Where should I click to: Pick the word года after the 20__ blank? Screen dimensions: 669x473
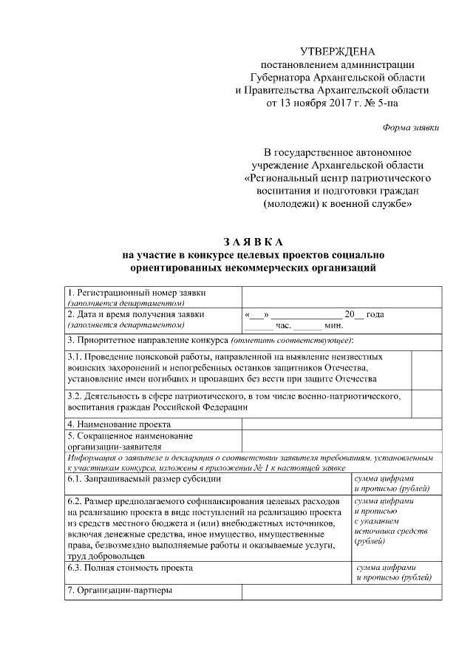[x=375, y=314]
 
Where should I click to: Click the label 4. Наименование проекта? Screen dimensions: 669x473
[x=119, y=424]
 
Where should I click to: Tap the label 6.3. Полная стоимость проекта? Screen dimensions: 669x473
[x=130, y=568]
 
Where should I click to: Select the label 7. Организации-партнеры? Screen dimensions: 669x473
[x=119, y=591]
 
